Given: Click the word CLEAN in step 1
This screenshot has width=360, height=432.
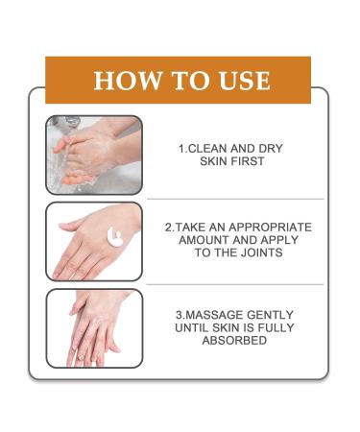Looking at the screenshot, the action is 206,149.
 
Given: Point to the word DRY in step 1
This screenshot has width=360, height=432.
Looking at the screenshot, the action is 271,149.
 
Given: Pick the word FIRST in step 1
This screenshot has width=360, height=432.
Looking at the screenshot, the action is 248,161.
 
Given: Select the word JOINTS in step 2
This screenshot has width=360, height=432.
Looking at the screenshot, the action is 262,252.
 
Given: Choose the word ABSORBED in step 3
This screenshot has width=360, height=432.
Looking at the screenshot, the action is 234,341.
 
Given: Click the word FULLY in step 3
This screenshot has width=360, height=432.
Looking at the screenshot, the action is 276,327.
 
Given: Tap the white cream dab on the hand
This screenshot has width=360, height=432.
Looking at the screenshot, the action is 115,237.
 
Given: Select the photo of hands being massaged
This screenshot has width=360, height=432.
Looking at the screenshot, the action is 94,328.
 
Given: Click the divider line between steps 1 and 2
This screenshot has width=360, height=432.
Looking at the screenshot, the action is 235,199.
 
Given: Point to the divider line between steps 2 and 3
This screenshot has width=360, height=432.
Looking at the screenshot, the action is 234,284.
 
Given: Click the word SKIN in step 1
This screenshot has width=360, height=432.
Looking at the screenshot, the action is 214,161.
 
